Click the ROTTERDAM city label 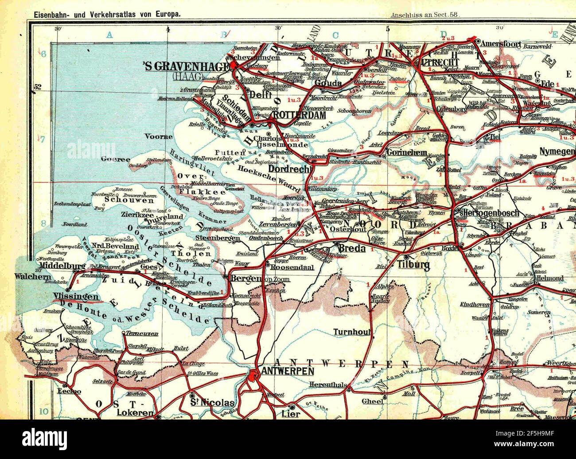[x=300, y=115]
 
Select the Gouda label [x=327, y=83]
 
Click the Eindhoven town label [x=475, y=305]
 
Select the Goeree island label [x=115, y=159]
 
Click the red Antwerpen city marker [x=253, y=376]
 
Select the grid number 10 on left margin [x=43, y=411]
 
